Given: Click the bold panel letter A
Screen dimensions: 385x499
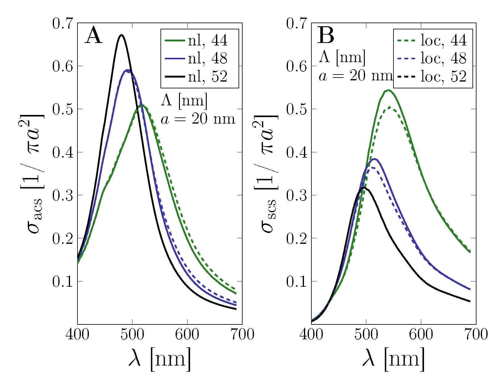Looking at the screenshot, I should pyautogui.click(x=93, y=36).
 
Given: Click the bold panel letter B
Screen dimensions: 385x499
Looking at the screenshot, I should pyautogui.click(x=326, y=36).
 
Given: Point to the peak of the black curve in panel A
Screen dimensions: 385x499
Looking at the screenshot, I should pyautogui.click(x=121, y=35).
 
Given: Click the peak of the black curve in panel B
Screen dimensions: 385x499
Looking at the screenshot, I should pyautogui.click(x=364, y=187).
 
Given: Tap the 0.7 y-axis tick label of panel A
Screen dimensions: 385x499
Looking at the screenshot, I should pyautogui.click(x=63, y=23).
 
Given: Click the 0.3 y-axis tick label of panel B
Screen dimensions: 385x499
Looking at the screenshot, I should pyautogui.click(x=297, y=195).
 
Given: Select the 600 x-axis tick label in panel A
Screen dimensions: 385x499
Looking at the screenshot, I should pyautogui.click(x=187, y=334).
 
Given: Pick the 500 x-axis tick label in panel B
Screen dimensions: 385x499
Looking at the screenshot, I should pyautogui.click(x=366, y=334).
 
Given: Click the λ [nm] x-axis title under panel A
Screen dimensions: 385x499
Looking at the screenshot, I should pyautogui.click(x=160, y=359).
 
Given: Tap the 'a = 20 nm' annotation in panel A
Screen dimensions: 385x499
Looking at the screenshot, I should pyautogui.click(x=198, y=119).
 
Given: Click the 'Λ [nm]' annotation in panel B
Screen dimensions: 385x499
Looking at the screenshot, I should pyautogui.click(x=342, y=57).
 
